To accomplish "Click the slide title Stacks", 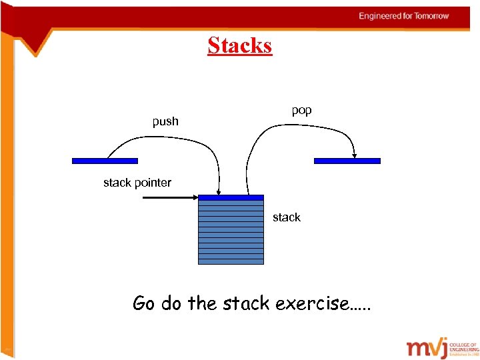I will (239, 45).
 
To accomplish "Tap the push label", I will (165, 121).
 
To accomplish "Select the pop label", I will (301, 110).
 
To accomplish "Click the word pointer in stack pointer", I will (153, 183).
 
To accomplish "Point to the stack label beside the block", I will (286, 217).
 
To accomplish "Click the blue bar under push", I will (105, 161).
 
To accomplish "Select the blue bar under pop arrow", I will (347, 161).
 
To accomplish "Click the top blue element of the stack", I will (231, 197).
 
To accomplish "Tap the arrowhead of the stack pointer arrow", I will (195, 197).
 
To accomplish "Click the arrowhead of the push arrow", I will (219, 192).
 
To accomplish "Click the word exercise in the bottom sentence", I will (321, 304).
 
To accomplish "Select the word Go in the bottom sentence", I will (143, 304).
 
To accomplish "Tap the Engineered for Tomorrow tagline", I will (404, 16).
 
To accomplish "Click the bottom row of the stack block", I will (231, 261).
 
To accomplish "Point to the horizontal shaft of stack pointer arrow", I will (167, 197).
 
